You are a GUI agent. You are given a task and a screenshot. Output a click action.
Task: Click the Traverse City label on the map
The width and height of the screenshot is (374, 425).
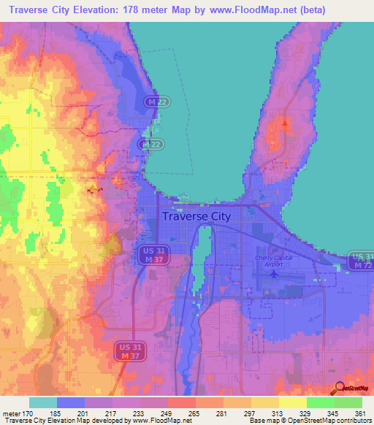click(195, 216)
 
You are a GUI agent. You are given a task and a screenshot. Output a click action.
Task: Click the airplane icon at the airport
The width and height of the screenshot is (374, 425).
click(274, 275)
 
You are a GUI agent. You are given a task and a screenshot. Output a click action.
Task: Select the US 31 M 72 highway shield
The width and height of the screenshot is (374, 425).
click(360, 261)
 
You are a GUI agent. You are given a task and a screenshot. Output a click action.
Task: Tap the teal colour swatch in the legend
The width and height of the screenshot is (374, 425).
click(43, 402)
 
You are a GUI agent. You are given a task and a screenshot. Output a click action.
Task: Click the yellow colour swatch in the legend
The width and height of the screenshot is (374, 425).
click(265, 402)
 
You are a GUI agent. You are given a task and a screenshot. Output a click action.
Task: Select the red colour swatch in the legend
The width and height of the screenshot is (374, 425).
click(182, 402)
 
